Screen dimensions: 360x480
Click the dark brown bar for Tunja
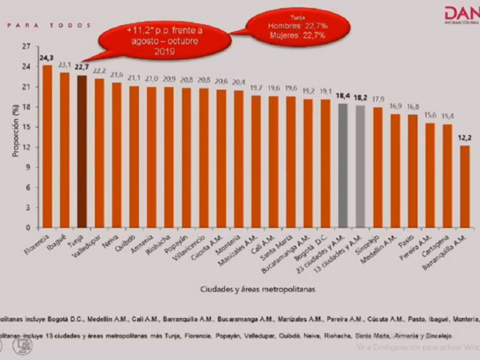coord(82,152)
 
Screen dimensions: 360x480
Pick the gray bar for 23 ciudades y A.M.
coord(343,166)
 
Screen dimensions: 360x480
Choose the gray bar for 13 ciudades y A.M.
coord(360,166)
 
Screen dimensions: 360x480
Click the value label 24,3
coord(46,58)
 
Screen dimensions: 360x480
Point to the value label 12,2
coord(464,138)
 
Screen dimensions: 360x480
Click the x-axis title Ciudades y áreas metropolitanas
coord(258,289)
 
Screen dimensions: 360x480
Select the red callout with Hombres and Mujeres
coord(298,27)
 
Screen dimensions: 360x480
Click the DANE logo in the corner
coord(462,15)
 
